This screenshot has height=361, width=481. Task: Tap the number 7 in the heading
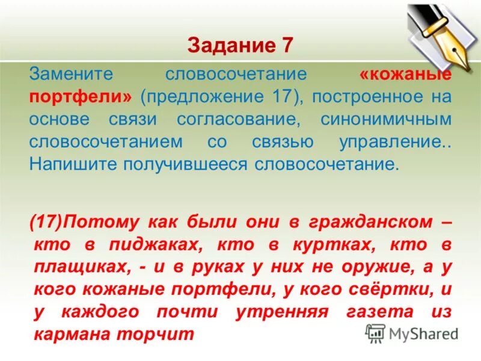(286, 45)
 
